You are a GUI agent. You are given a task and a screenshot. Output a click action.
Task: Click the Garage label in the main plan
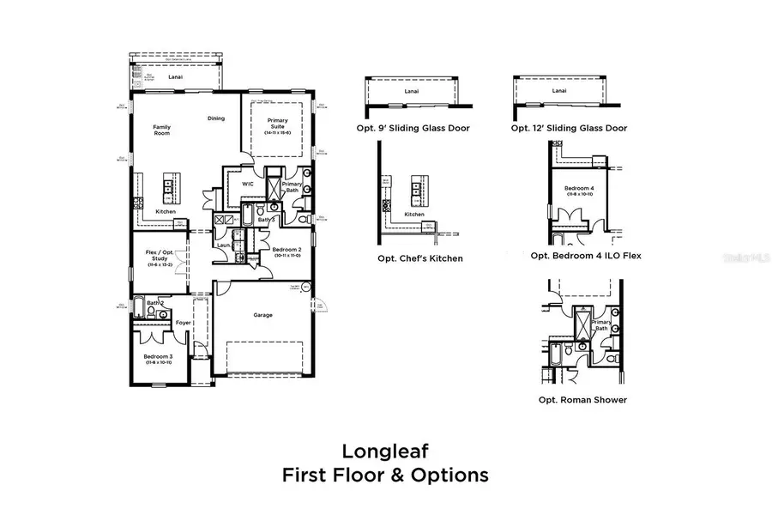263,315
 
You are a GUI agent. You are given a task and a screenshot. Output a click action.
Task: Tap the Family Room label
162,130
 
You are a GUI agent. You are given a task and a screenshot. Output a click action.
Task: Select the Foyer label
183,323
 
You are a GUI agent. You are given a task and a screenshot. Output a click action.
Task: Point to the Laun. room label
223,245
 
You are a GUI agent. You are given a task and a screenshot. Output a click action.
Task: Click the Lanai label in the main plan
176,76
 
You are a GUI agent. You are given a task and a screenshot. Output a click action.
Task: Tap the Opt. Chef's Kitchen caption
419,258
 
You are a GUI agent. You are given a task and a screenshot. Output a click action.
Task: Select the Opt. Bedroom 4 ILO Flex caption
586,256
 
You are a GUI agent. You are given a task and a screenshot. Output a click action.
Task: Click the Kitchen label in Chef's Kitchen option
414,215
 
